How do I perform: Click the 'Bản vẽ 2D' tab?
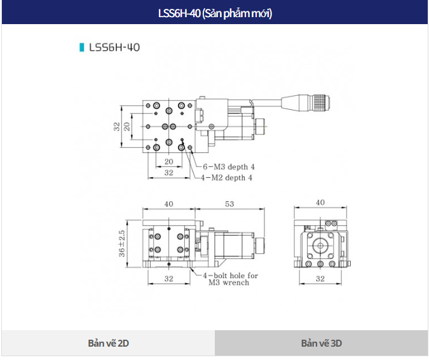(108, 343)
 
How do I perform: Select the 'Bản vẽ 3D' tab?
(321, 343)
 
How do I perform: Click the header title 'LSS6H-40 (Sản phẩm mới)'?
(215, 13)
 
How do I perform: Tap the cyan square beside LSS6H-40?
(81, 47)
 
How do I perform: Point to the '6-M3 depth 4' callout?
(229, 167)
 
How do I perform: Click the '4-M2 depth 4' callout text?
(226, 178)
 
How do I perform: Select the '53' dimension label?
(229, 204)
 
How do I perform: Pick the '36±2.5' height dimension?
(122, 244)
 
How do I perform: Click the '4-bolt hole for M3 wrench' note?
(230, 279)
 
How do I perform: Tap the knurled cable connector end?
(321, 103)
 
